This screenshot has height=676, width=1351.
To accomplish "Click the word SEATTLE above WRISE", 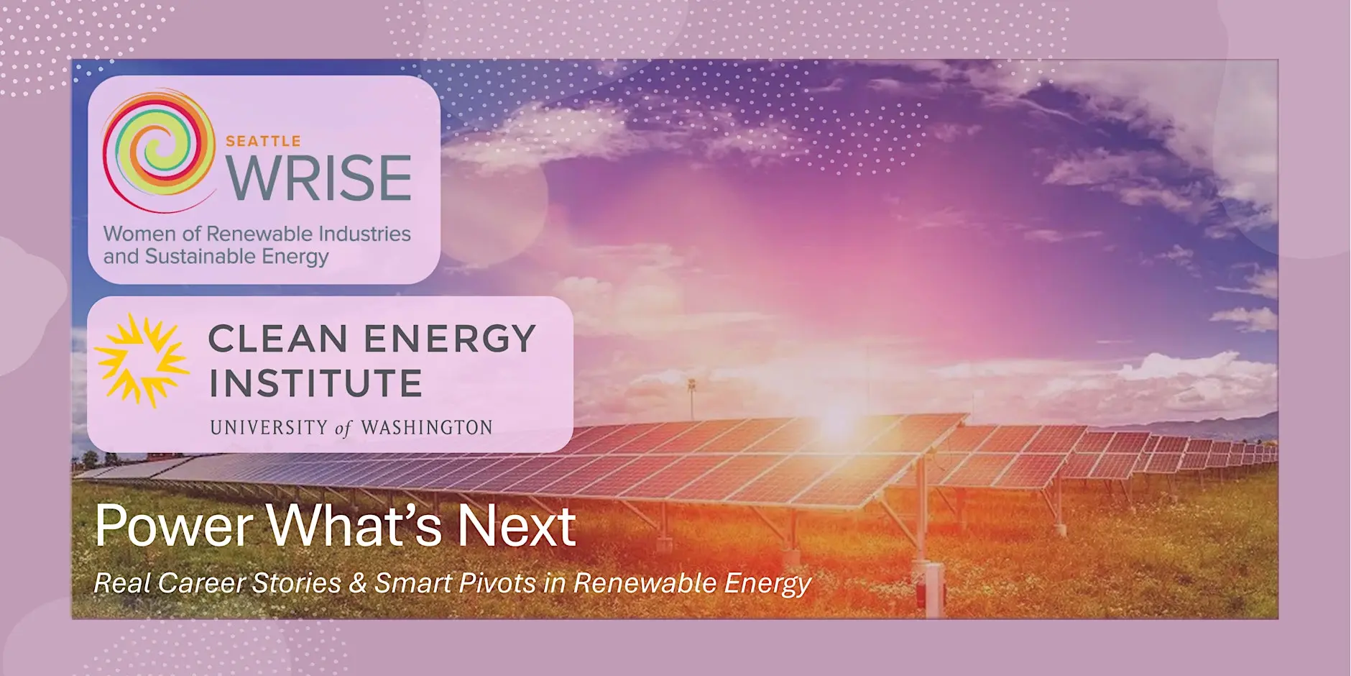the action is [x=263, y=141].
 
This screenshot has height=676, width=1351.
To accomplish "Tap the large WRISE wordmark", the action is [x=318, y=178].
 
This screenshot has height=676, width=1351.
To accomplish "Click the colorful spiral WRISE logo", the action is [x=159, y=150].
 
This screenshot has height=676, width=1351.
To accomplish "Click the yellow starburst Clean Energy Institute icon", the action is [x=142, y=360].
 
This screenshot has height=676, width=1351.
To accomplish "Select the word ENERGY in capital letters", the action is [x=450, y=339].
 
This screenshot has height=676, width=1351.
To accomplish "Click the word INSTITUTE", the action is [x=315, y=383].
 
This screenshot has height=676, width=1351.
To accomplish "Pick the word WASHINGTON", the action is [x=426, y=427].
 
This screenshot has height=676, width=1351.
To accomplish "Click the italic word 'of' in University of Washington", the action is [x=343, y=429].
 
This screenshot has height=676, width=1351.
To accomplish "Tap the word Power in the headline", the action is [x=174, y=525].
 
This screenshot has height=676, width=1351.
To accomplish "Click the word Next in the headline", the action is [x=516, y=525].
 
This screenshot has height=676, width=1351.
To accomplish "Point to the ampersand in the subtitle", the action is [x=358, y=583].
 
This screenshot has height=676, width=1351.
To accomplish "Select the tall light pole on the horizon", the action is [x=691, y=399].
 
